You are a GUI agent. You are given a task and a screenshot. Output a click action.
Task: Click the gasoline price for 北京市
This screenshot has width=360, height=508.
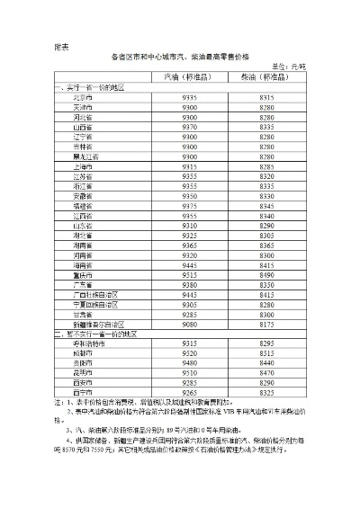(x=190, y=96)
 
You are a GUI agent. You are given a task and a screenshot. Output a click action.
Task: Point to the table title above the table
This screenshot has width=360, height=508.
(x=181, y=56)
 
